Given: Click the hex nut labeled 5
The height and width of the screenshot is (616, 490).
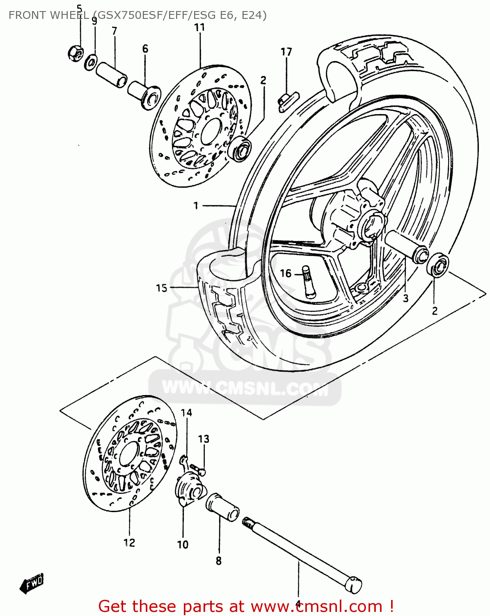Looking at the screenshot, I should point(76,53).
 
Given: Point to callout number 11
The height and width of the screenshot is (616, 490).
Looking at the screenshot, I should point(199,28).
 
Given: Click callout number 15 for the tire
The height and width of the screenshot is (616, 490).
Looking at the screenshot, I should point(162,288).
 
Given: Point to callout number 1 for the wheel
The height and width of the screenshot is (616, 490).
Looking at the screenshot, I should point(196,205).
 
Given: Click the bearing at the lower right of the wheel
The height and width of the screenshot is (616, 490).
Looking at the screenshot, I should point(438,266).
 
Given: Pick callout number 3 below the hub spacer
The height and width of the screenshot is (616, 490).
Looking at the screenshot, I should point(405,298).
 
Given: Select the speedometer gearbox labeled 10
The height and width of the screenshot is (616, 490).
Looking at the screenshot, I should point(189,489).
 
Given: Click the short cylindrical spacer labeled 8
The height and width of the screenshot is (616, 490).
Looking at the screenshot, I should point(222,508).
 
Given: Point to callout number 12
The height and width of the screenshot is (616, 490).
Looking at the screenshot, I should point(129,542).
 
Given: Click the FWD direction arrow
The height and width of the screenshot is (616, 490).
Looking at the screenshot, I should point(32,583).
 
